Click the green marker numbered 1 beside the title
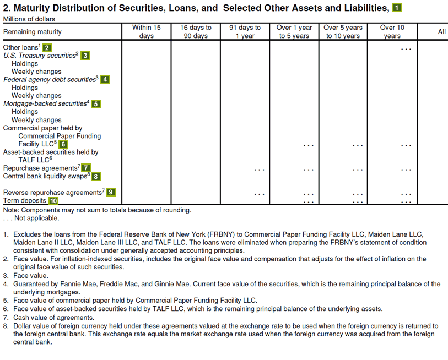pos(397,8)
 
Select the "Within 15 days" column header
pos(146,31)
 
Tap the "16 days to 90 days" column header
pos(196,31)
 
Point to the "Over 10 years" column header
pos(392,31)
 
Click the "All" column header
pos(441,32)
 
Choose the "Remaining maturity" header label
pos(33,32)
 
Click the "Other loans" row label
pos(20,47)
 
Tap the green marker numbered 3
pos(85,55)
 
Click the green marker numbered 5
pos(96,103)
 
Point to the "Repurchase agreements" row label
pos(40,168)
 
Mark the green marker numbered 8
pos(96,176)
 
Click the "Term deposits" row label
pos(24,200)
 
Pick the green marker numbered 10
pos(53,200)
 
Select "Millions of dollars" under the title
pos(29,19)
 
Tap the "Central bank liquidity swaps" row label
pos(45,176)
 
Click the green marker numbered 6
pos(63,144)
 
